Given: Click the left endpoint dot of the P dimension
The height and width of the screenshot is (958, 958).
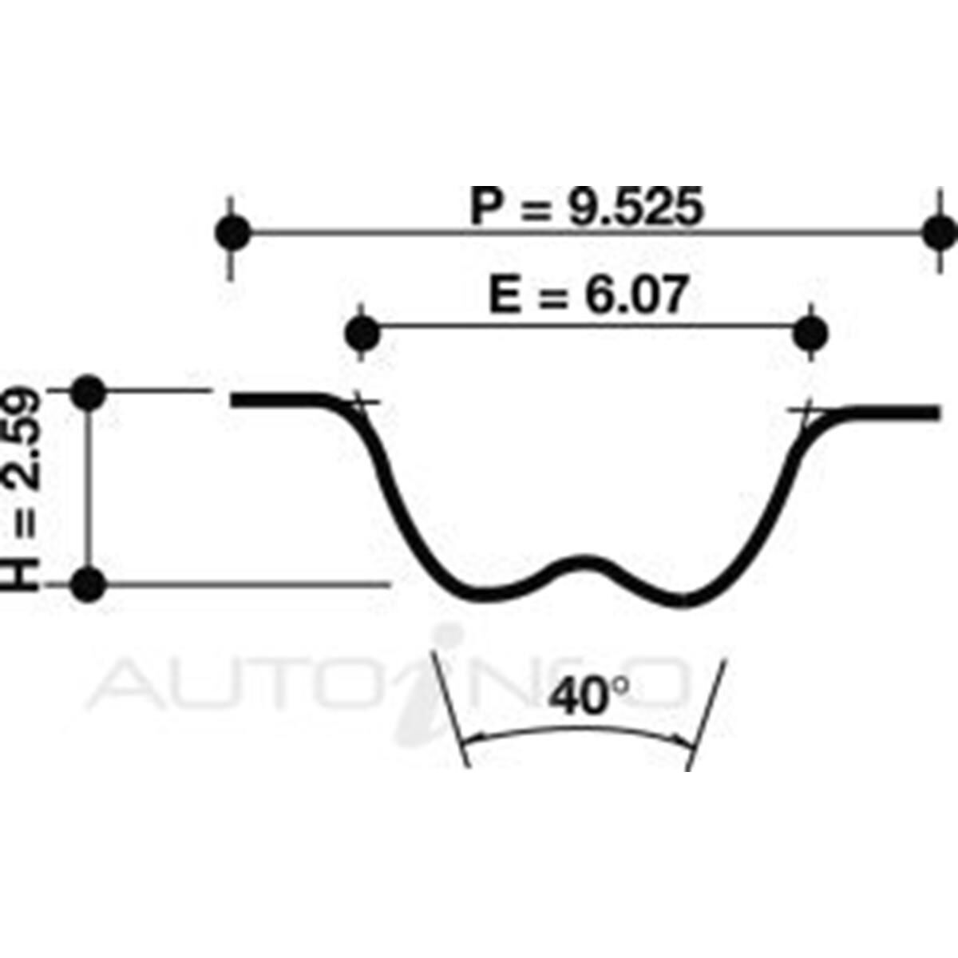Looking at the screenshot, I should pos(232,233).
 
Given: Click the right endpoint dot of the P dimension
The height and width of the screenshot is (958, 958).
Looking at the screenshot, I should pos(939,233).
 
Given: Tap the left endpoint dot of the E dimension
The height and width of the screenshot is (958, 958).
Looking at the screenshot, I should pos(363,332).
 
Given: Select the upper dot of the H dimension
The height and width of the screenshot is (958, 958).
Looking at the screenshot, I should pos(88,391).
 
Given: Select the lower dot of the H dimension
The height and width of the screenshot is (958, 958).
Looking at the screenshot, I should pos(88,585).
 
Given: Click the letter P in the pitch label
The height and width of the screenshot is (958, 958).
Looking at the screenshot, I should pos(487,208).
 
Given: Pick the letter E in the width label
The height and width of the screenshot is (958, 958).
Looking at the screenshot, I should pos(504,297).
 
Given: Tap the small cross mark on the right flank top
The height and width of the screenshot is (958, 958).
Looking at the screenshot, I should pos(808,412).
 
